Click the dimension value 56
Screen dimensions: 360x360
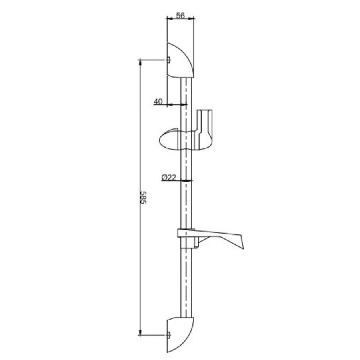point(180,16)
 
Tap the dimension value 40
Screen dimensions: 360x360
point(158,101)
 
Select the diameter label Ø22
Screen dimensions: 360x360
point(169,178)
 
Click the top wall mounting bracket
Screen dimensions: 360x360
point(180,61)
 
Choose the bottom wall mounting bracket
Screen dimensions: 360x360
point(180,334)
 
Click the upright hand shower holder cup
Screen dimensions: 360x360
point(204,130)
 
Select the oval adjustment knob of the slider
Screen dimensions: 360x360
point(169,139)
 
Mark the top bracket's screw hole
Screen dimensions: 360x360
point(169,60)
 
